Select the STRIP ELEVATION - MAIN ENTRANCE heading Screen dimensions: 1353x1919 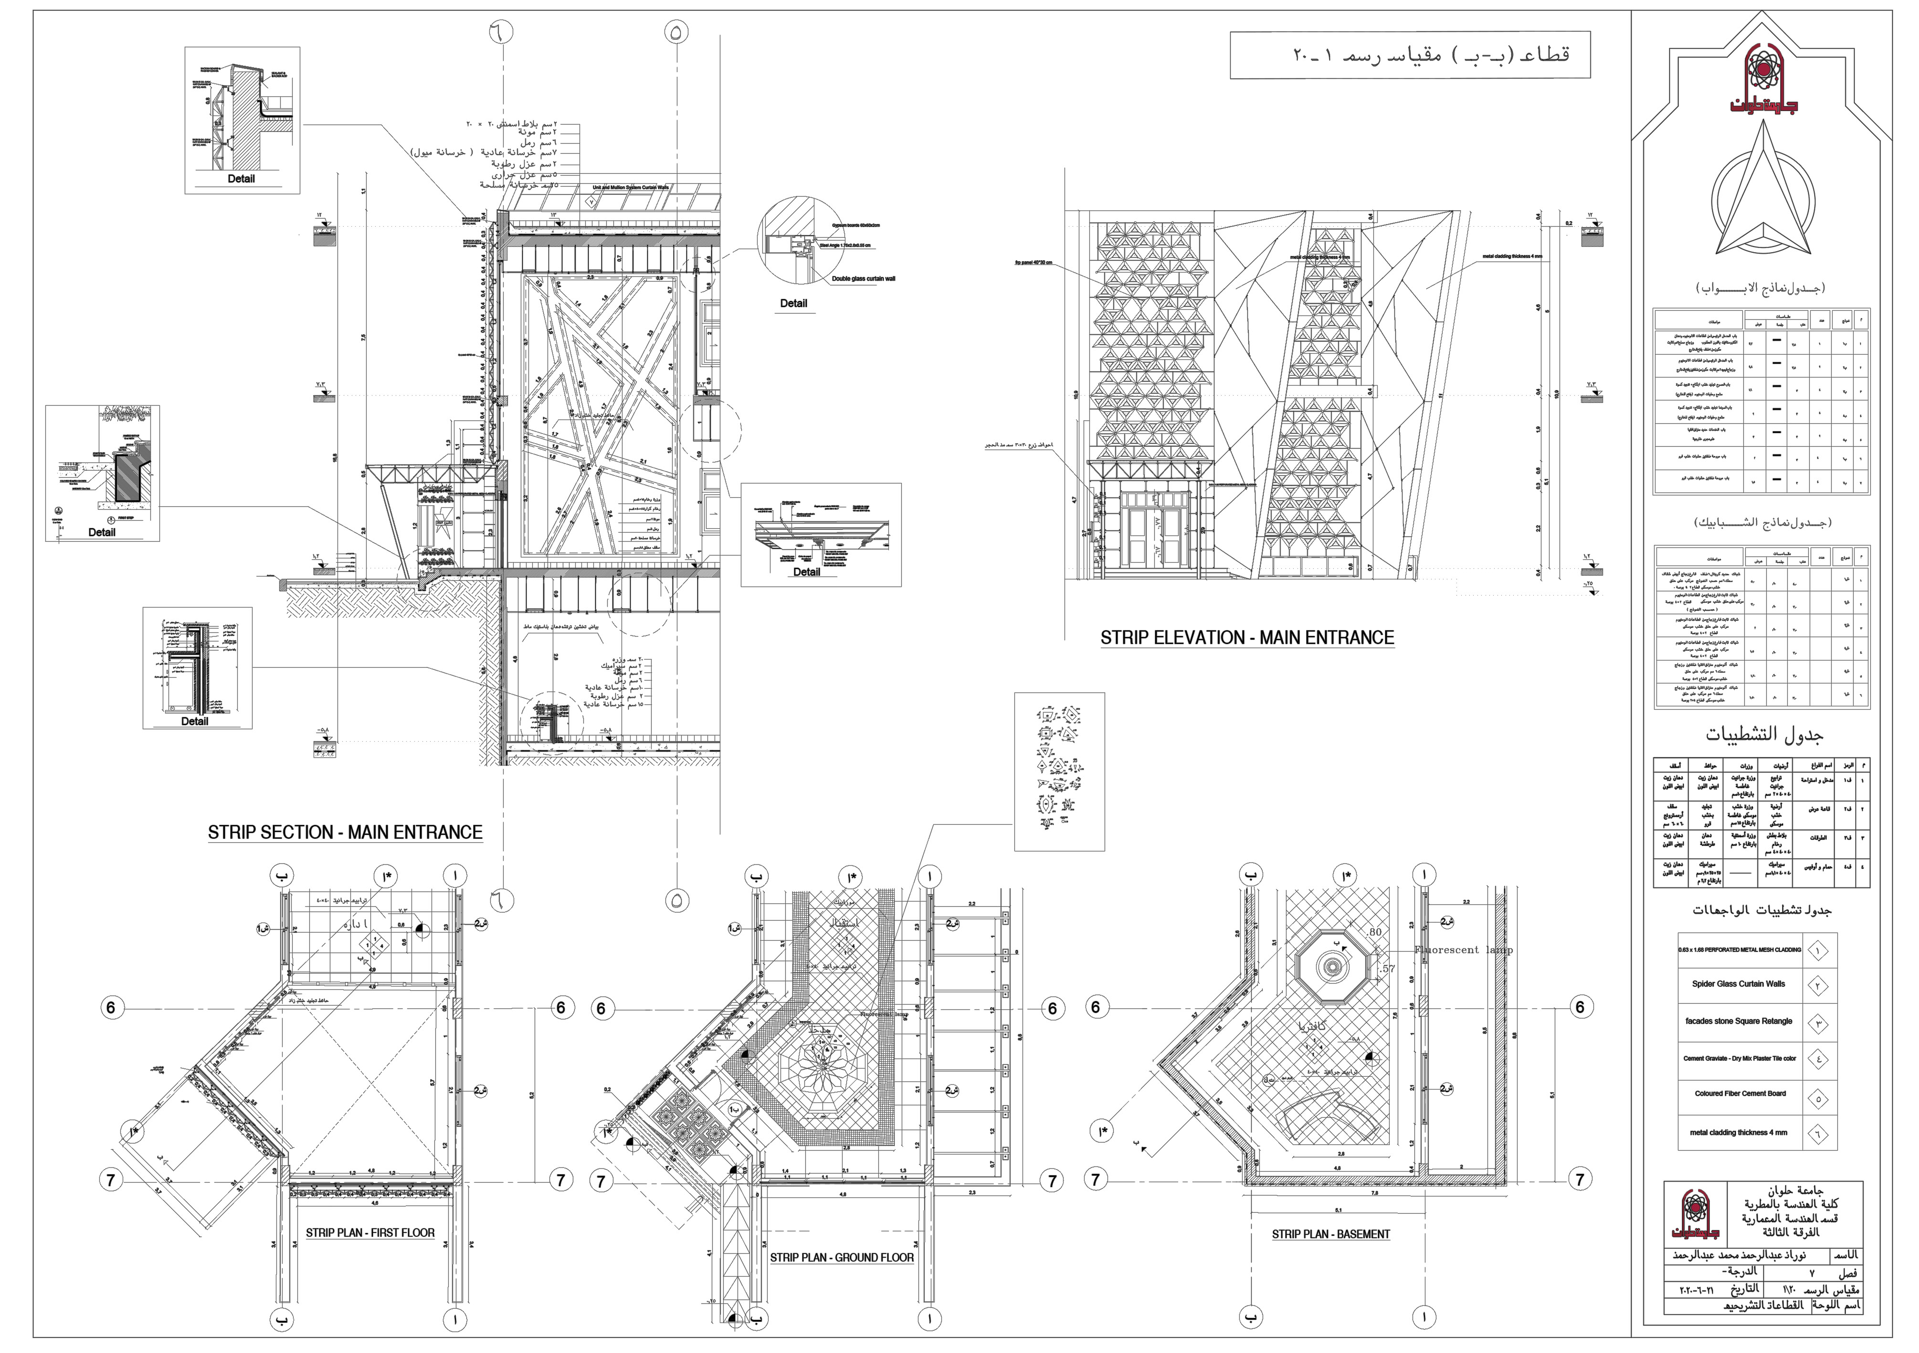(x=1247, y=638)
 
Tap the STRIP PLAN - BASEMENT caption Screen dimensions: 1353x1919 (x=1330, y=1234)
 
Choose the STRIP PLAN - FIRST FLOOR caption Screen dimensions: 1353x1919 (x=370, y=1233)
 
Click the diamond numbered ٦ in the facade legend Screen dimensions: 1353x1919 (x=1818, y=1134)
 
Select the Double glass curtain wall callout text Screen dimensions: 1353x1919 (x=864, y=278)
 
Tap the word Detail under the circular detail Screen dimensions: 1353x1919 (x=793, y=304)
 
